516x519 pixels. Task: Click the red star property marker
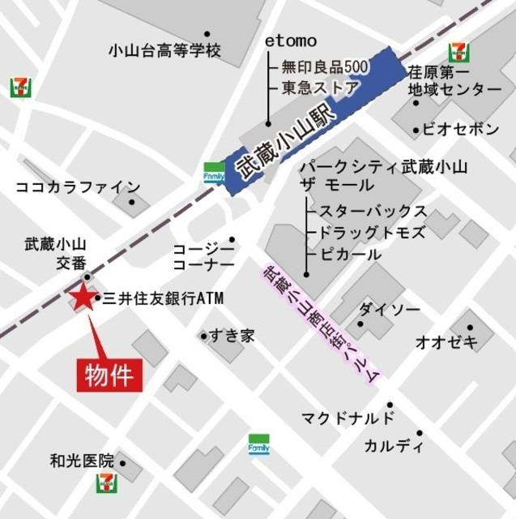click(x=83, y=298)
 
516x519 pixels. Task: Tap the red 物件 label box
click(x=109, y=375)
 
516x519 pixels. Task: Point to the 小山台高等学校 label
click(x=164, y=50)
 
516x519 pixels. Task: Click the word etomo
click(x=291, y=41)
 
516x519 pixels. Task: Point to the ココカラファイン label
click(x=78, y=187)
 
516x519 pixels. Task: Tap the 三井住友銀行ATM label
click(x=162, y=299)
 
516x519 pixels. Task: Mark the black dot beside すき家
click(x=204, y=335)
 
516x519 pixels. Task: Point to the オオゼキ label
click(x=446, y=341)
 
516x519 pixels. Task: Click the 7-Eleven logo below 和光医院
click(x=106, y=483)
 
